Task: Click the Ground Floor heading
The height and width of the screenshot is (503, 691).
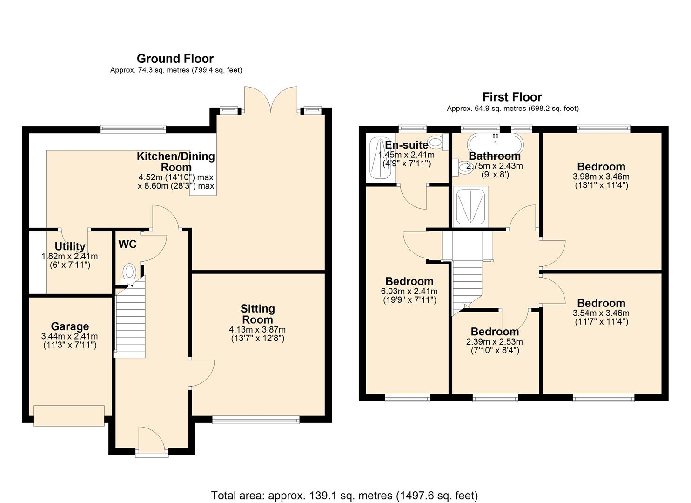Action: pos(175,59)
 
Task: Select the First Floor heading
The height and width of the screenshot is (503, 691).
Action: pos(512,97)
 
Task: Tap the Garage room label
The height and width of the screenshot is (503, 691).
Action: pos(70,326)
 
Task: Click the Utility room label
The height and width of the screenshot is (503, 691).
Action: pos(70,246)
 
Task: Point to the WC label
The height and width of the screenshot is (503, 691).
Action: pos(127,245)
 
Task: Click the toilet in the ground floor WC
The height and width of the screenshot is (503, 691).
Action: pos(129,272)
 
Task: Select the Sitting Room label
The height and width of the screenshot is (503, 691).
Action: pos(257,314)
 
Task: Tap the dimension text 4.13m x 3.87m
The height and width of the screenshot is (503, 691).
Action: pos(257,330)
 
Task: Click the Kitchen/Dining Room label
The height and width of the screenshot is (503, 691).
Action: pos(176,162)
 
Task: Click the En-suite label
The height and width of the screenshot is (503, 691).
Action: pos(406,145)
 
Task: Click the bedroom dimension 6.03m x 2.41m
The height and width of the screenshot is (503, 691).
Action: pos(409,292)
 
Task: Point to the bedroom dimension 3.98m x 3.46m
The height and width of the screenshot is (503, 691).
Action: pos(601,177)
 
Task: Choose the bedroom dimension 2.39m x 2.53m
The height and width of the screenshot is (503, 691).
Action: pos(495,342)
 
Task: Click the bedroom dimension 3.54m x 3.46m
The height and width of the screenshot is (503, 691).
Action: pos(601,313)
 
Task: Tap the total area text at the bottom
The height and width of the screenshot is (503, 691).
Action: pos(344,496)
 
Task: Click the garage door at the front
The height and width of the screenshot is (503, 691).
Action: pos(69,415)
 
